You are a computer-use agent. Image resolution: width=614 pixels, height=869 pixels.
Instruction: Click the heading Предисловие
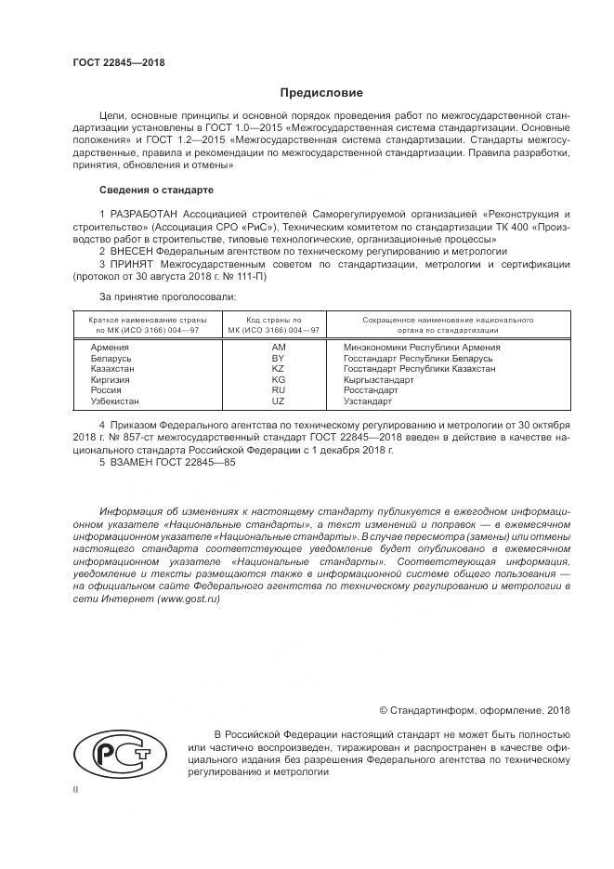click(x=321, y=93)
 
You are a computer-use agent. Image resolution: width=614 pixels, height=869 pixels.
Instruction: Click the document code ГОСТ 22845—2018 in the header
click(x=119, y=63)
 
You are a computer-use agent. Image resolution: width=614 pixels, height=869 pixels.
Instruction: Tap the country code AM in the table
click(x=277, y=347)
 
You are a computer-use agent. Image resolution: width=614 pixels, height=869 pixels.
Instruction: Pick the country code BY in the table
click(x=277, y=358)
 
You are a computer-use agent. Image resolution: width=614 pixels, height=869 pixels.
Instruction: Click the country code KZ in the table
click(x=277, y=369)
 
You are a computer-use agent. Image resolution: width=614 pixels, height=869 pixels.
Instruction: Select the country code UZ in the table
click(x=277, y=401)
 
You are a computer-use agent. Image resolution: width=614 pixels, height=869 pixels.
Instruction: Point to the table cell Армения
click(x=111, y=347)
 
